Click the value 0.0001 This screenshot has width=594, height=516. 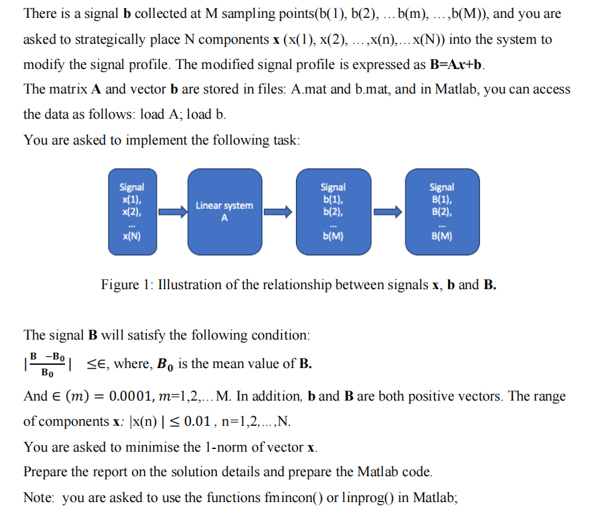139,397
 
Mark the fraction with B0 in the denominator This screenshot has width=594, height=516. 48,363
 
